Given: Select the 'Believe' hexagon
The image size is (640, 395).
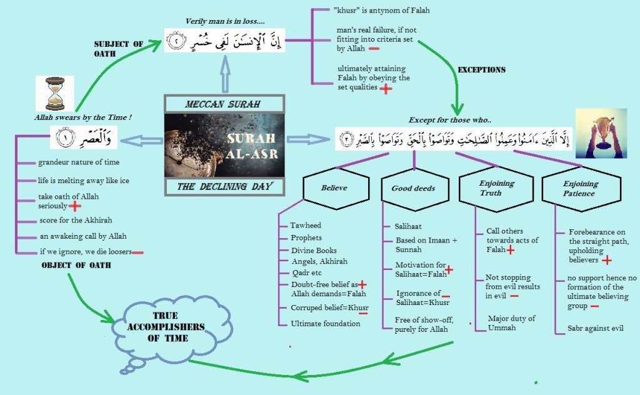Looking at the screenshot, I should click(x=334, y=187).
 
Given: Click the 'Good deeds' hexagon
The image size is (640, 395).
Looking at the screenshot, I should click(x=413, y=188).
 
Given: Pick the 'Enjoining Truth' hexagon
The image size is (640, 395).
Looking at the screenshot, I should click(x=497, y=188).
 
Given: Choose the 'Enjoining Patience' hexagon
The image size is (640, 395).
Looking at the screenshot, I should click(x=581, y=188).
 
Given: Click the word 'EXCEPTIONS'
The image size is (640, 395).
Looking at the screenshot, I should click(x=482, y=69).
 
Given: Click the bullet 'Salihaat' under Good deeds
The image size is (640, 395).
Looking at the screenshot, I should click(x=407, y=227).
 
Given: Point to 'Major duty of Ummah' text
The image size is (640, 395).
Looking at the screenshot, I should click(x=511, y=322).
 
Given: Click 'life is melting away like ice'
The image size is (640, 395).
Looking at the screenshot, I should click(x=83, y=181).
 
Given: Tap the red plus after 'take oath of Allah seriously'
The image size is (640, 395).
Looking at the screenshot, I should click(x=75, y=206).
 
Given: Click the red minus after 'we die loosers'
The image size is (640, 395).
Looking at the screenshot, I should click(x=138, y=252).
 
